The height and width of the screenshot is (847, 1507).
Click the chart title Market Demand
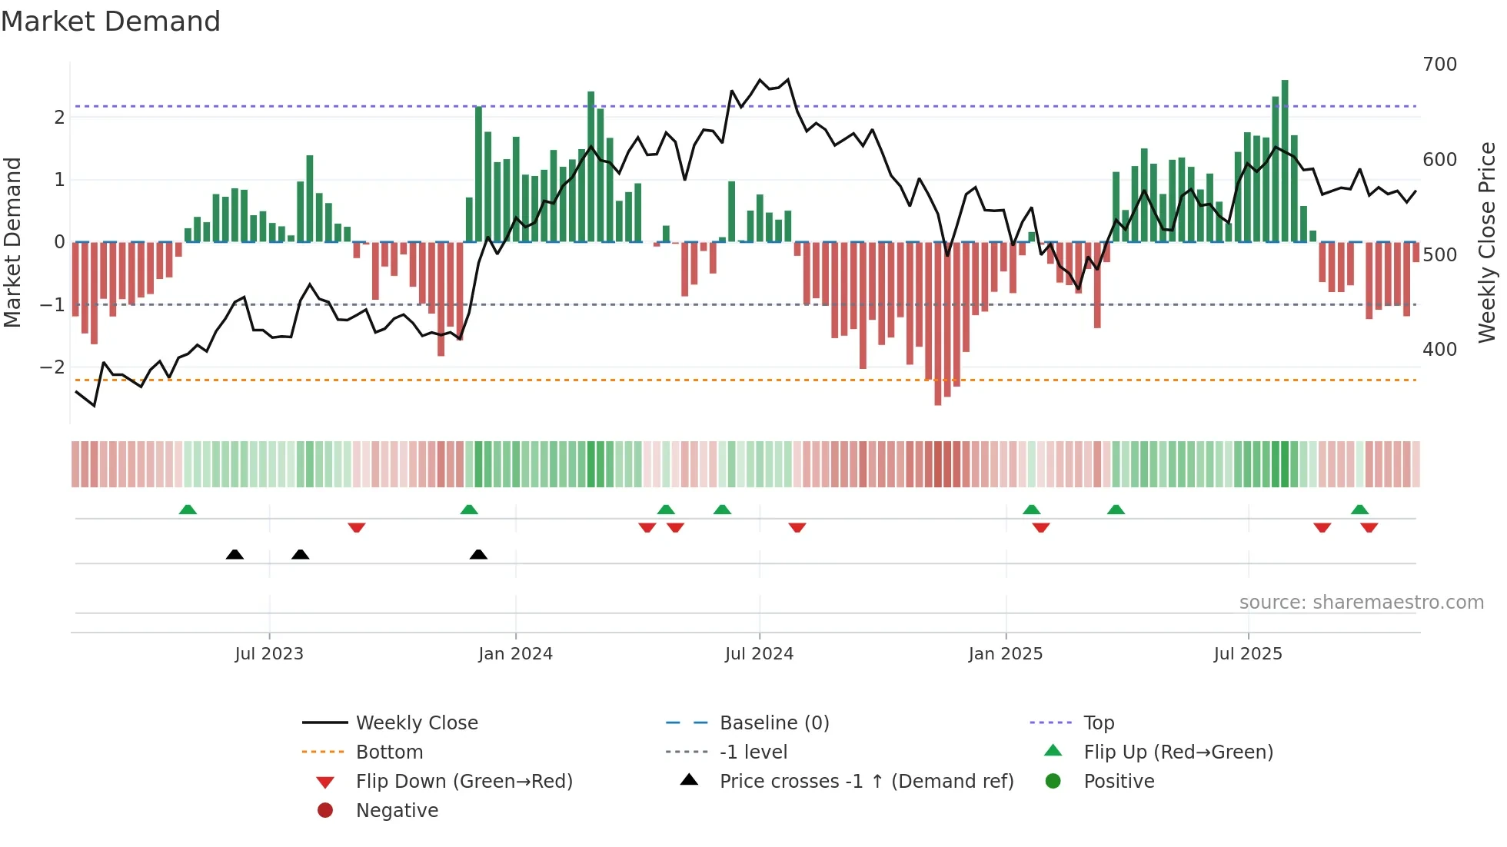(111, 22)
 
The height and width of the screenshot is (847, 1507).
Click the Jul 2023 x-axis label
(269, 654)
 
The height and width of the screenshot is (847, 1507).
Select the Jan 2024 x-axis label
(515, 654)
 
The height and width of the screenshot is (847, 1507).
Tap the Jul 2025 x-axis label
(1248, 654)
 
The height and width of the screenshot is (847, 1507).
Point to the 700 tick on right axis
(1439, 65)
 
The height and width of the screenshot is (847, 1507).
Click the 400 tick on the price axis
(1439, 350)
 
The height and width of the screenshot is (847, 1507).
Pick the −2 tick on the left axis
(52, 367)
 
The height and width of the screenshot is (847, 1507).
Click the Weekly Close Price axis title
(1487, 242)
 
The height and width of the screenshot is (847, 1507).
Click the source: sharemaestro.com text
(1361, 603)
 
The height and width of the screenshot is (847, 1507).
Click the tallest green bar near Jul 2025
(1285, 161)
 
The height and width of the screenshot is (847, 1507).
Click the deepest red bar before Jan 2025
(938, 323)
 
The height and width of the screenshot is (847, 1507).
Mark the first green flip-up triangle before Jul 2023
(188, 510)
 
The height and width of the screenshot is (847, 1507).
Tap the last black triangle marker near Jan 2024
(478, 554)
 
